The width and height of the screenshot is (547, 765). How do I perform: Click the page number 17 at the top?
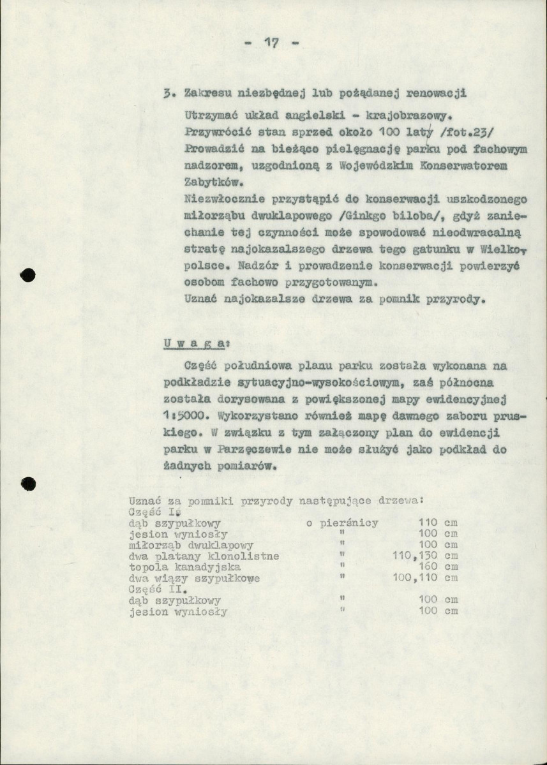[272, 44]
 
